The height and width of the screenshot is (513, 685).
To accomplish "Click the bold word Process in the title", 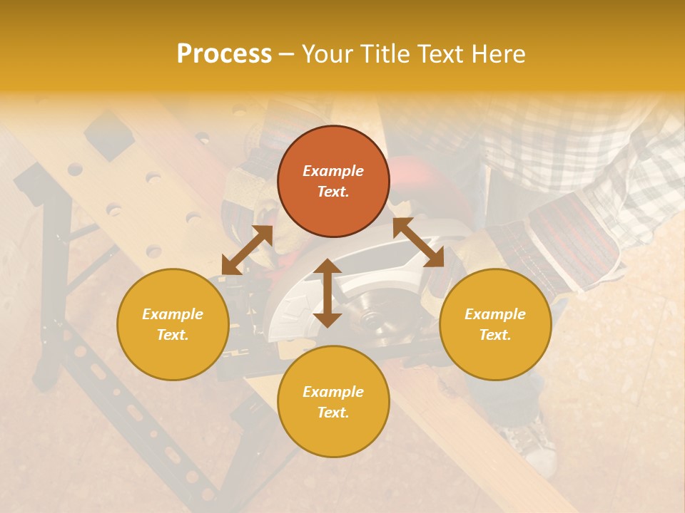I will pos(224,54).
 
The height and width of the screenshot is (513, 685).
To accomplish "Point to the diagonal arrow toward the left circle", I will pos(247,250).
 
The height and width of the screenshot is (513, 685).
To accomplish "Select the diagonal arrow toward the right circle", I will pos(419,242).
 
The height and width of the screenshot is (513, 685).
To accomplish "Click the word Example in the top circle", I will pos(333,171).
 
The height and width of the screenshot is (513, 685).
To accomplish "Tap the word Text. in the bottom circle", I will pos(333,413).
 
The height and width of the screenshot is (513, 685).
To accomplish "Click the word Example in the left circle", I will pos(173,314).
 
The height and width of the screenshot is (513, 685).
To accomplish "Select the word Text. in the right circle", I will pos(495,335).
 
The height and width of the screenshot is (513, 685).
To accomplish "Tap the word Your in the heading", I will pos(325,54).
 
